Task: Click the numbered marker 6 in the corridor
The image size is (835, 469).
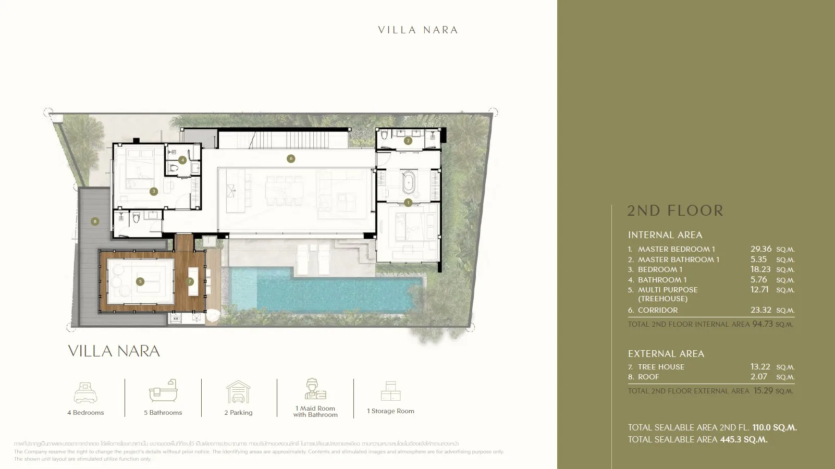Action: [291, 158]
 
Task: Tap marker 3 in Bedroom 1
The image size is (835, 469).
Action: [153, 191]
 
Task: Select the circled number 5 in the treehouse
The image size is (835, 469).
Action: [140, 281]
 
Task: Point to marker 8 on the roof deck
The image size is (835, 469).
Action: [95, 221]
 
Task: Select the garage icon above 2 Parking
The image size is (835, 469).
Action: [238, 392]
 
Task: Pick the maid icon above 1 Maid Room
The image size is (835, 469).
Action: [315, 389]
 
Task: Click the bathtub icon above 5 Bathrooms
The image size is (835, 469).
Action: [163, 391]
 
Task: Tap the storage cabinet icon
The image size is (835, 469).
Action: [390, 391]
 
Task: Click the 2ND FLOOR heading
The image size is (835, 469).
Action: [675, 211]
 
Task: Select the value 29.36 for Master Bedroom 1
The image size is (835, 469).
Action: [760, 249]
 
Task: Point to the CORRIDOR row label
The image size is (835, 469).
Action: [658, 310]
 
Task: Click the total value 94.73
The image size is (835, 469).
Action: [762, 324]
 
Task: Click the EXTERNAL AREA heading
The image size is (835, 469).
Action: [666, 354]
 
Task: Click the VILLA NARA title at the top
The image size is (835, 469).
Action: [418, 30]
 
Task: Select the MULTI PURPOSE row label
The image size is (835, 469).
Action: [667, 290]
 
